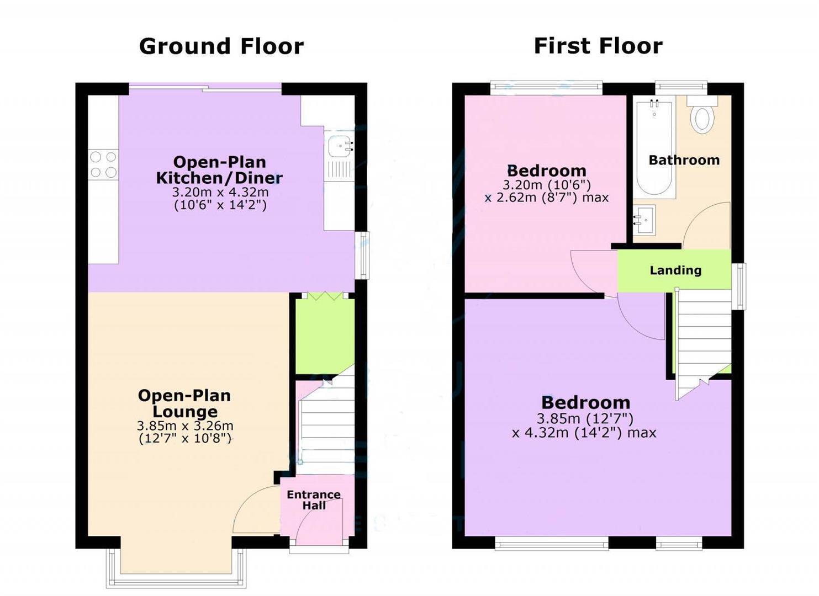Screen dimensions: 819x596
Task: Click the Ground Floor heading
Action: point(221,46)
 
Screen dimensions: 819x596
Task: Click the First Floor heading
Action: point(598,46)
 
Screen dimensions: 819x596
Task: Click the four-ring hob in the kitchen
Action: point(103,164)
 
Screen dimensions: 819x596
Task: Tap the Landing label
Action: point(675,270)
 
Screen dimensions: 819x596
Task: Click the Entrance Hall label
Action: point(314,500)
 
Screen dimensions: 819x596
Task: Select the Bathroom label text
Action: point(684,160)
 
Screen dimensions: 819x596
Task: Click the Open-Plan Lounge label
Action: point(184,403)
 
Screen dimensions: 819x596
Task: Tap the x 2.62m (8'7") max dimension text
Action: point(547,198)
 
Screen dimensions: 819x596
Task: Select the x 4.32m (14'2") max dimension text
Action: point(584,433)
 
